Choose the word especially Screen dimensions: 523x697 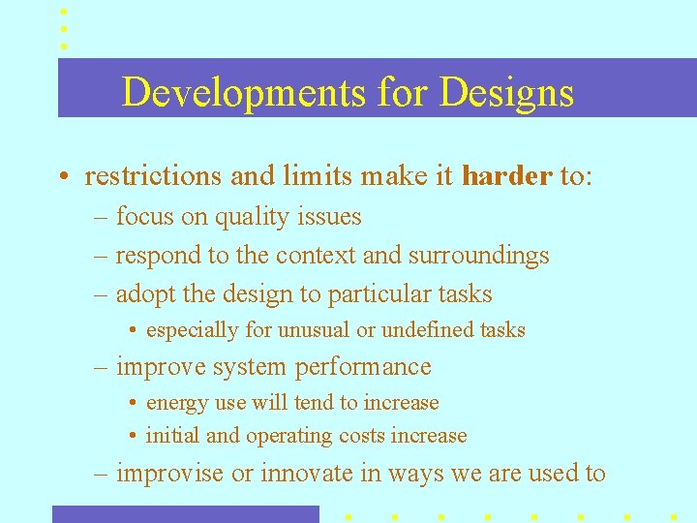192,330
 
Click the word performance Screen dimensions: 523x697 363,367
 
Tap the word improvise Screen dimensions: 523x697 169,474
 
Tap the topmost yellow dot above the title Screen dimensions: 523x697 64,11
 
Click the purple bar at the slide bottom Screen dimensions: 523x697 185,514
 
